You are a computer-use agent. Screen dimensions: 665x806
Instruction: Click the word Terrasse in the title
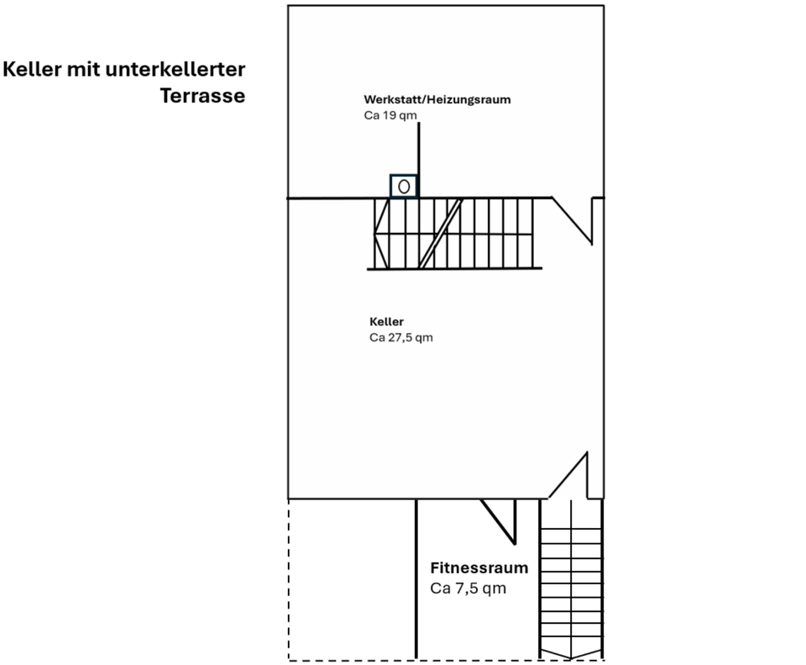pos(202,96)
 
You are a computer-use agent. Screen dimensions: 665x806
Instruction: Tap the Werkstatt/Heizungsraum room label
pos(437,99)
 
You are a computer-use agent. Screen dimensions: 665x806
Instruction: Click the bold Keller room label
pos(386,322)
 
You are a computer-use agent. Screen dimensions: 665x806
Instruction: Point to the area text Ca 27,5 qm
pos(400,338)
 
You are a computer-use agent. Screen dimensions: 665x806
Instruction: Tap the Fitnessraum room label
pos(479,567)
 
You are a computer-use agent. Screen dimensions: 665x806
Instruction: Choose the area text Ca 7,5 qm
pos(468,588)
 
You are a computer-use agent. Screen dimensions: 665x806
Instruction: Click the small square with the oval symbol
pos(404,186)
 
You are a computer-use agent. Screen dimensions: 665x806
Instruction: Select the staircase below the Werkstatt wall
pos(453,234)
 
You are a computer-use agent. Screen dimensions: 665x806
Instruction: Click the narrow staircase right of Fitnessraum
pos(571,580)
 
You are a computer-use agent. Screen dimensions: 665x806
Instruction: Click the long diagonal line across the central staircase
pos(441,234)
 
